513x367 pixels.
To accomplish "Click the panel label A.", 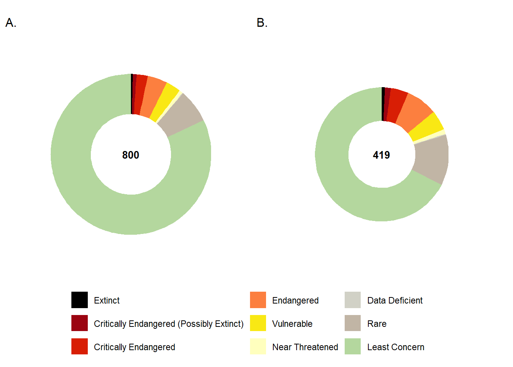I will click(x=11, y=23).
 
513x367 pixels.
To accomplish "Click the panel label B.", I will click(x=262, y=23).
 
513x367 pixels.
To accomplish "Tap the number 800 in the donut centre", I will click(x=131, y=155).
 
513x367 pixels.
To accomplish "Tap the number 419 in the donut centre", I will click(x=381, y=155).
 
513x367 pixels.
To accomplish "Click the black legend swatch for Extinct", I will click(x=79, y=300).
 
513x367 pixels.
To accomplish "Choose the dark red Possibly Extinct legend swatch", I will click(x=79, y=323).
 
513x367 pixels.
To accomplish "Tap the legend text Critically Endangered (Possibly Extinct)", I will click(x=168, y=324).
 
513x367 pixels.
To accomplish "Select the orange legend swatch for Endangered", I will click(x=258, y=300).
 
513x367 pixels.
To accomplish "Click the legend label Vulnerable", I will click(x=292, y=324).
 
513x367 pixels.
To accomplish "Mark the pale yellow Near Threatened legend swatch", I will click(x=258, y=347).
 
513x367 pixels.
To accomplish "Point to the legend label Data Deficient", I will click(x=395, y=300).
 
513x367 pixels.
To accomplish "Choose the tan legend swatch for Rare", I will click(x=353, y=323).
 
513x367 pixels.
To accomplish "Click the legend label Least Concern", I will click(x=395, y=347).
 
